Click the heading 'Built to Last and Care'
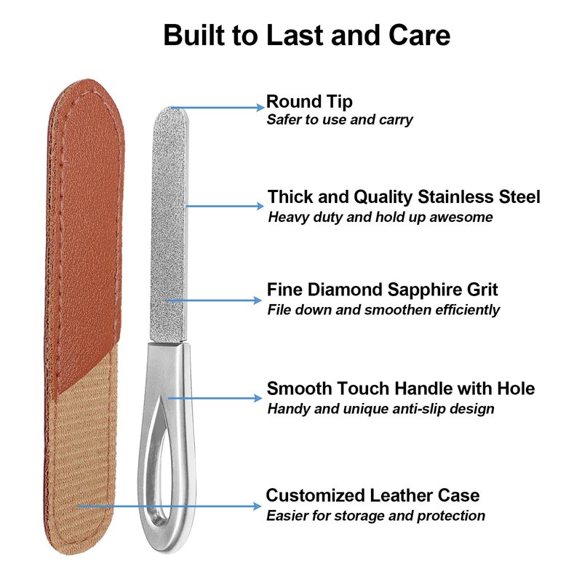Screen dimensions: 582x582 [307, 35]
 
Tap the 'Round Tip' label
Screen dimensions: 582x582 [309, 102]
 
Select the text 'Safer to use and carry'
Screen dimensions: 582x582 [340, 119]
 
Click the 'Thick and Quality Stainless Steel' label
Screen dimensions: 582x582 [404, 196]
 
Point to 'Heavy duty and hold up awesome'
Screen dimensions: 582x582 [380, 217]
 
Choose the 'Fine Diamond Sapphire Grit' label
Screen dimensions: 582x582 [383, 290]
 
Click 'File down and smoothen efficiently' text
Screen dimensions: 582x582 [383, 310]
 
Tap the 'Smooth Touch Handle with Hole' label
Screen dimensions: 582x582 [401, 388]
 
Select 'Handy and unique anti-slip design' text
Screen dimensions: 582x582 [380, 409]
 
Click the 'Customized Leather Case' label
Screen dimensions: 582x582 [372, 495]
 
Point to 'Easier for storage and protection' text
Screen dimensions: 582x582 [375, 516]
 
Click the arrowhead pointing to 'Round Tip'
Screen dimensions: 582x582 [260, 108]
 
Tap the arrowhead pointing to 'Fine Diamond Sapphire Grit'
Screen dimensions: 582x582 [258, 300]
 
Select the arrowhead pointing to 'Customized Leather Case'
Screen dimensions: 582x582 [258, 506]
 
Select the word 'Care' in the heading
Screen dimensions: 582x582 [420, 35]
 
